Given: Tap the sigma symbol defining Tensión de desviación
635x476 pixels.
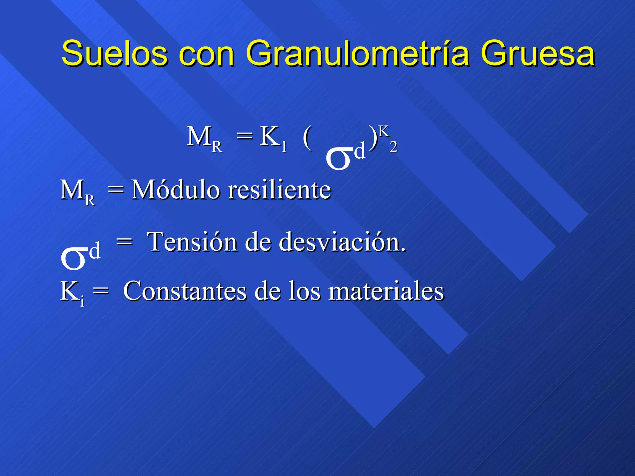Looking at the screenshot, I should [x=74, y=257].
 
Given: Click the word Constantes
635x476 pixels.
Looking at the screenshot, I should [x=185, y=291].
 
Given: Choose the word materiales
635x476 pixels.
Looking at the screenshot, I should [x=386, y=291].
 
